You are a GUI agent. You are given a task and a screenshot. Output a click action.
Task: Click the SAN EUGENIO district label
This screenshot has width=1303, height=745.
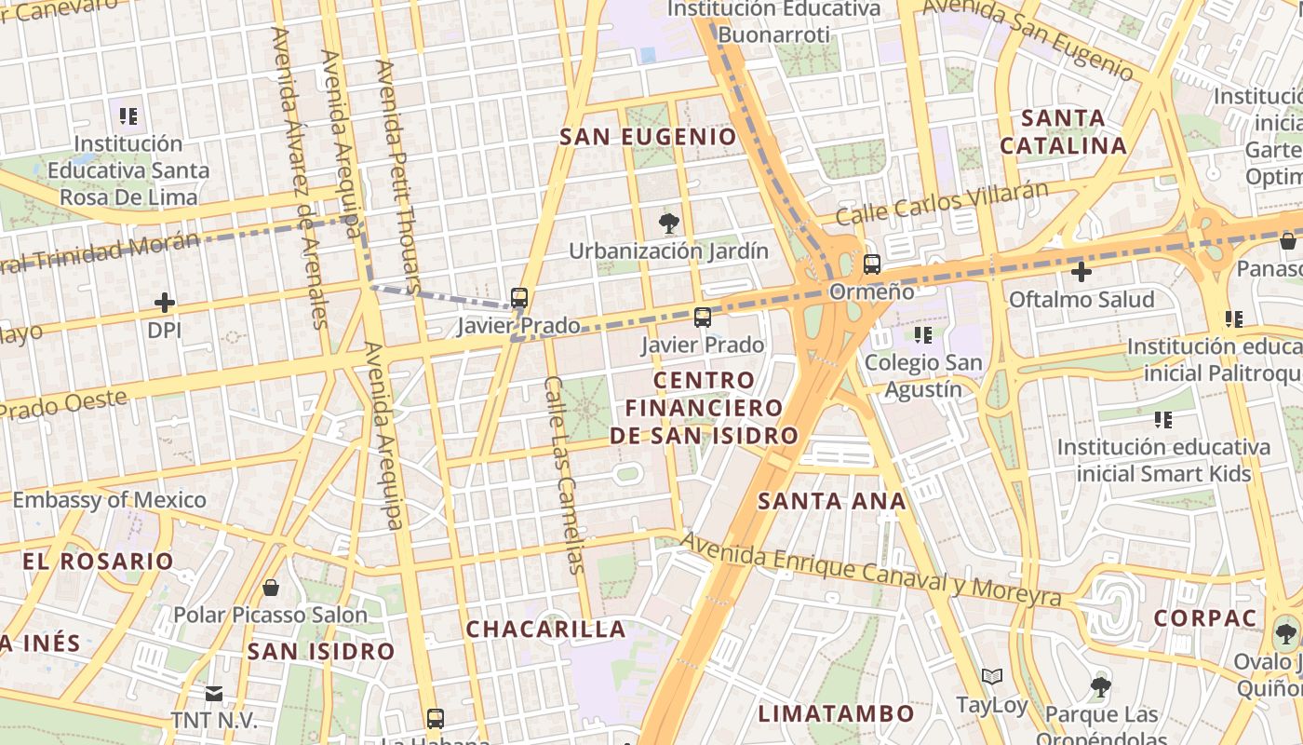(x=648, y=137)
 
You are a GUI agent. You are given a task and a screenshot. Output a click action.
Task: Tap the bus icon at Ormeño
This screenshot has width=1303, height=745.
(x=872, y=264)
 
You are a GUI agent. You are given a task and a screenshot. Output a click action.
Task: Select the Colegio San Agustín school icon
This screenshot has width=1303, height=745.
(x=923, y=334)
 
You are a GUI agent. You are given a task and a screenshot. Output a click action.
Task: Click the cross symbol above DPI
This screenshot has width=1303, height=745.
(x=165, y=303)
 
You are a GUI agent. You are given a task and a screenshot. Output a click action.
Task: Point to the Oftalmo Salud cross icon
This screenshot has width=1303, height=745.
(x=1081, y=272)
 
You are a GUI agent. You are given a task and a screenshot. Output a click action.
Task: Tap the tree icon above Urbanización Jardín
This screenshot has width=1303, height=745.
(x=668, y=223)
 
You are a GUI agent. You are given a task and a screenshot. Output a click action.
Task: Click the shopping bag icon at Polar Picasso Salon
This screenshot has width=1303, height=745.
(x=271, y=588)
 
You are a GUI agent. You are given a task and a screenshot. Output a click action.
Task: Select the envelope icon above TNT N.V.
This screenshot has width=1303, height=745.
(x=214, y=693)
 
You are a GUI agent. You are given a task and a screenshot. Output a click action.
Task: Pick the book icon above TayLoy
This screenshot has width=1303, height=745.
(x=992, y=677)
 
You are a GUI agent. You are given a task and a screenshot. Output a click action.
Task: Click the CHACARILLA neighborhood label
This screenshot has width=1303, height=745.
(x=545, y=629)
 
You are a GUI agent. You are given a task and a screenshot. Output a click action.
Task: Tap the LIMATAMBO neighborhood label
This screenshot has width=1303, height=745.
(x=836, y=714)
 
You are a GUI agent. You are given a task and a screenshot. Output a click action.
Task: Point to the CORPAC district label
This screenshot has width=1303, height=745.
(x=1204, y=618)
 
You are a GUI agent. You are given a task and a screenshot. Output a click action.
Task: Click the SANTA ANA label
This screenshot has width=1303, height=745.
(x=831, y=501)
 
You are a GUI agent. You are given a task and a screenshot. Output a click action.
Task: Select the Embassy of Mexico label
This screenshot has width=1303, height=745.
(x=109, y=500)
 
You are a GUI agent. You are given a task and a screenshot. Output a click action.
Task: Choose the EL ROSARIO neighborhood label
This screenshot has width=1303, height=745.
(x=99, y=562)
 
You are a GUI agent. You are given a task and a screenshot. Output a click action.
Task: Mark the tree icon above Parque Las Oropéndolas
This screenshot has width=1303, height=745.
(x=1101, y=687)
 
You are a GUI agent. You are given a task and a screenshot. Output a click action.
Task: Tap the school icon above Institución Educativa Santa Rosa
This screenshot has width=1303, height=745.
(x=128, y=116)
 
